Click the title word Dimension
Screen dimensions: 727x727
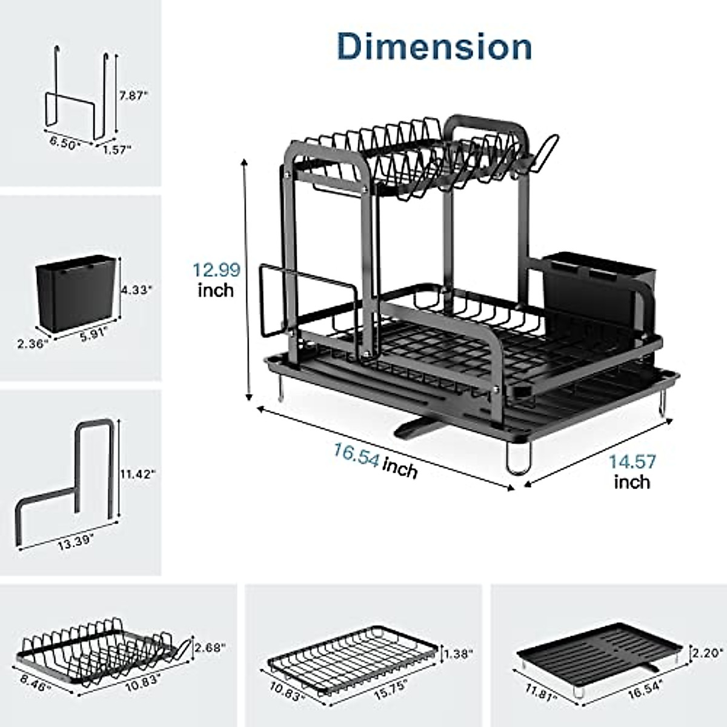pyautogui.click(x=434, y=47)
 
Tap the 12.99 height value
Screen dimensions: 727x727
pyautogui.click(x=216, y=270)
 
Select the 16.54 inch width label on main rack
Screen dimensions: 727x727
pyautogui.click(x=376, y=460)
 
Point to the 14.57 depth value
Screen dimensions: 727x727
pyautogui.click(x=632, y=462)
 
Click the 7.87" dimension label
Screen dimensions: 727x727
pyautogui.click(x=133, y=96)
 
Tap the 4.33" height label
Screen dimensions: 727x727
pyautogui.click(x=136, y=290)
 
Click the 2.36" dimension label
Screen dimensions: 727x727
pyautogui.click(x=33, y=344)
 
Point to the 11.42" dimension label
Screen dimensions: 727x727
pyautogui.click(x=139, y=474)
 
